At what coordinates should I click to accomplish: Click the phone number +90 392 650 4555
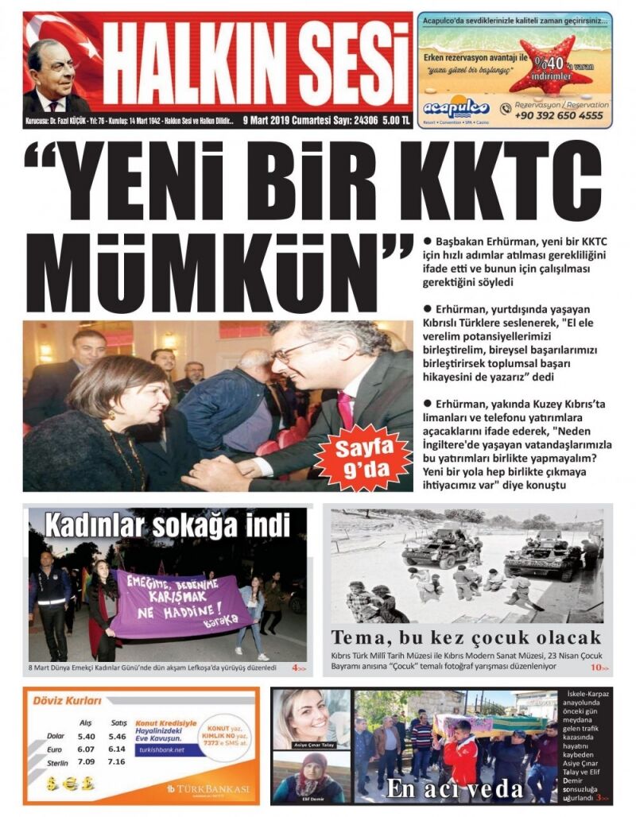(559, 115)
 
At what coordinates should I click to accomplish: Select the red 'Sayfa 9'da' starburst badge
(363, 459)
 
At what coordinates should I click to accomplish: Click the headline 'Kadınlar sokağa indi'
(166, 525)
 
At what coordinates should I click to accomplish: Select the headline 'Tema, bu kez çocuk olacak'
(466, 637)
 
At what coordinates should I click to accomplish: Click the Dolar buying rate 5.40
(86, 737)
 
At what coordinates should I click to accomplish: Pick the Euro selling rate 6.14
(117, 749)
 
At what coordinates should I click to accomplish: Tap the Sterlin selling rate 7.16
(117, 761)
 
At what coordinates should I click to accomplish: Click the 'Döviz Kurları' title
(67, 701)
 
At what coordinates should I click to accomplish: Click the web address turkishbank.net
(161, 749)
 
